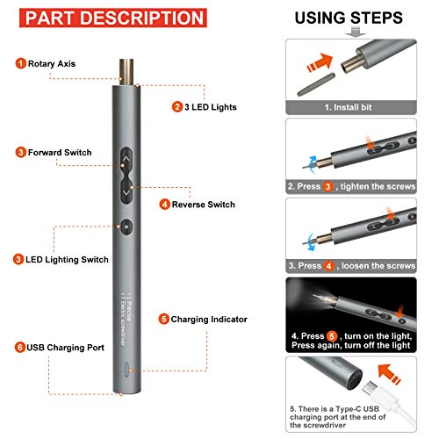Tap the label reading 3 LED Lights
coord(216,108)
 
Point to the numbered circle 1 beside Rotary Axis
coord(19,63)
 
